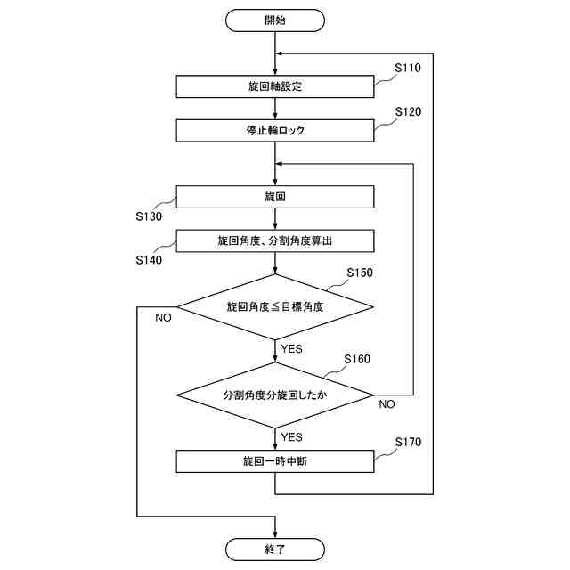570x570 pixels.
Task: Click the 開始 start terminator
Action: point(275,19)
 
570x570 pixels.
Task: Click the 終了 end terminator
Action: point(275,550)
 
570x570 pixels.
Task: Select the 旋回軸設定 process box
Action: point(275,86)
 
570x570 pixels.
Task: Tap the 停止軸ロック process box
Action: point(275,130)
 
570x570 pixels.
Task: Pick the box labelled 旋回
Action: point(275,196)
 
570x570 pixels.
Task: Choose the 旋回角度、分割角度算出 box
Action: point(275,241)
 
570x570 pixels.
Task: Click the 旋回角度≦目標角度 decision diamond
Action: point(275,307)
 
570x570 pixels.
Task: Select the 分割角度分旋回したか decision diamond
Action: point(275,394)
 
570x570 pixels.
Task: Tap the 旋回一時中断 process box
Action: point(275,461)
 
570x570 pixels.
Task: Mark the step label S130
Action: point(150,216)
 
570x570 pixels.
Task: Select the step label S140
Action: point(150,260)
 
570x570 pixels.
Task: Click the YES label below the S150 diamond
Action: point(291,349)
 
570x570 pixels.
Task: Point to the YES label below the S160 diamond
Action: point(291,437)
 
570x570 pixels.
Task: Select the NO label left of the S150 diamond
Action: point(163,318)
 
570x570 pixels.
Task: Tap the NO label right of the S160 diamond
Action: point(387,404)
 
